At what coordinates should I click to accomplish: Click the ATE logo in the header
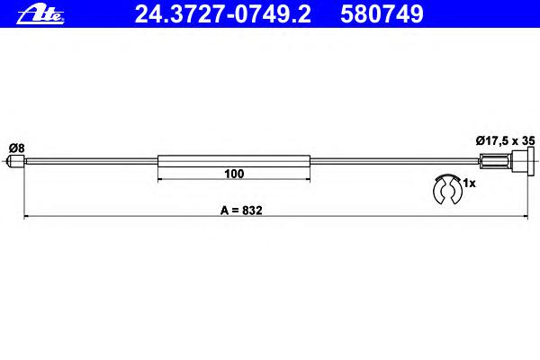click(x=40, y=15)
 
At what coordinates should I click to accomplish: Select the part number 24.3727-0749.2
click(x=223, y=14)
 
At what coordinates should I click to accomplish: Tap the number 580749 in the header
click(x=382, y=14)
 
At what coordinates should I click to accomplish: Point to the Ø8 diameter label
click(x=17, y=148)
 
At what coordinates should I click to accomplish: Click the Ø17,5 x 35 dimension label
click(x=505, y=140)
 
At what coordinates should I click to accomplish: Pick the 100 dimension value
click(x=234, y=174)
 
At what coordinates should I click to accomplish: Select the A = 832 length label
click(x=241, y=210)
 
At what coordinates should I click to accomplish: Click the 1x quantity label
click(x=469, y=184)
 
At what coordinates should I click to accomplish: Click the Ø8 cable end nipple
click(x=16, y=161)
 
